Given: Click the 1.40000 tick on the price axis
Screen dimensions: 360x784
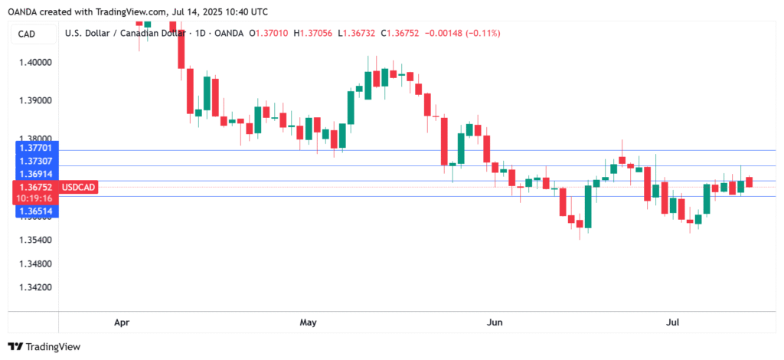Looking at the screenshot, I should pos(35,62).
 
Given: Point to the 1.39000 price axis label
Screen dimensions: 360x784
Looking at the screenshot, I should pos(35,101).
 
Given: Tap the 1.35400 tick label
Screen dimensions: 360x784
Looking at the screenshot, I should pos(35,241).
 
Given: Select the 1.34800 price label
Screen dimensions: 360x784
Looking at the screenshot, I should pos(35,263).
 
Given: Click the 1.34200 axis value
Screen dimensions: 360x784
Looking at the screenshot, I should pos(35,287).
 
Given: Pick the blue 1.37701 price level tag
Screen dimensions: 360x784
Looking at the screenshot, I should pos(35,148).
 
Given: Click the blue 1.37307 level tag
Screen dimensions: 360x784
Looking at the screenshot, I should pos(35,160).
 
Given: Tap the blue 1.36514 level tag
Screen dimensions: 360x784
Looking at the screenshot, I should pos(35,211).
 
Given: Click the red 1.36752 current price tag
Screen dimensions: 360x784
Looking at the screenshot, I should pos(35,186).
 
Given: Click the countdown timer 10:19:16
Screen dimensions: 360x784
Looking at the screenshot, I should pos(35,198).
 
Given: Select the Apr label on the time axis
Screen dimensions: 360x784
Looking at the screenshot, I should pos(122,322).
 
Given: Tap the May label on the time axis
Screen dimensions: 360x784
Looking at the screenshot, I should pos(308,322).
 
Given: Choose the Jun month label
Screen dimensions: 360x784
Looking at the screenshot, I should pos(495,322).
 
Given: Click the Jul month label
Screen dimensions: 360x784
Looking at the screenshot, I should pos(674,322).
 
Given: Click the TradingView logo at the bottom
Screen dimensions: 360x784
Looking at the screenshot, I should pos(44,347).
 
